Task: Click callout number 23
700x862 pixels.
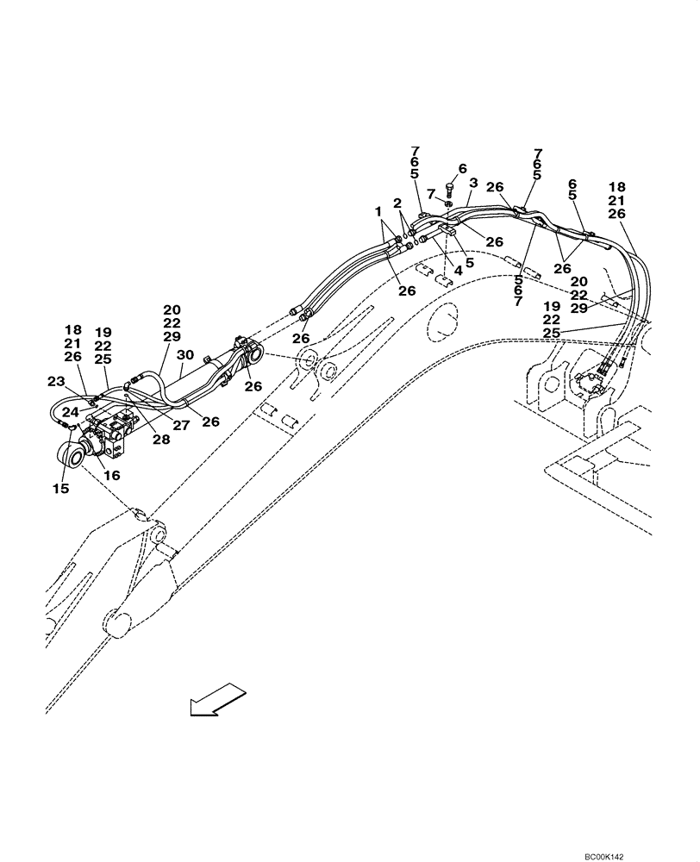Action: pyautogui.click(x=55, y=380)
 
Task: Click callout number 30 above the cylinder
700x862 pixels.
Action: pyautogui.click(x=184, y=353)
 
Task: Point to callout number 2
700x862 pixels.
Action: pyautogui.click(x=397, y=203)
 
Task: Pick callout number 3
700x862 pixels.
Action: pyautogui.click(x=472, y=183)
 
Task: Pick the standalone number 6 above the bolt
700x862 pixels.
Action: pyautogui.click(x=462, y=168)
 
